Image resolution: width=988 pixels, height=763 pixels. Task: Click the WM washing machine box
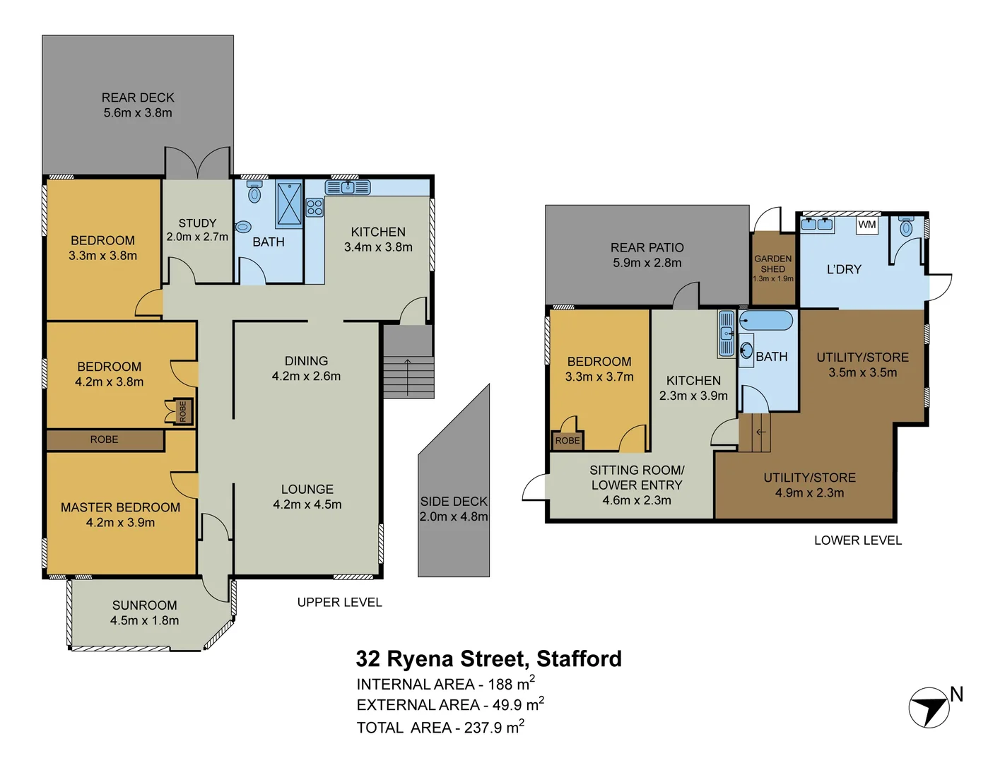[x=866, y=225]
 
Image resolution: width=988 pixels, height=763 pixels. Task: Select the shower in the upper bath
[x=289, y=204]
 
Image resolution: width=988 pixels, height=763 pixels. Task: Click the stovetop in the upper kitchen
[x=314, y=207]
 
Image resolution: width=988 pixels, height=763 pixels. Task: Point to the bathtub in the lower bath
[x=766, y=321]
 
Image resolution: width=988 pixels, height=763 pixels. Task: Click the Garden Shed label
[x=773, y=264]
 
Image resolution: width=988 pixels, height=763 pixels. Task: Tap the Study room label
[x=197, y=223]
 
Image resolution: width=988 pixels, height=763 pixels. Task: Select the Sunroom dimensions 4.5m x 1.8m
[x=145, y=620]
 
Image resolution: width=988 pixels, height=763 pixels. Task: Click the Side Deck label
[x=454, y=501]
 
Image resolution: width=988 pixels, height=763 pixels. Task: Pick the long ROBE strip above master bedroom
[x=105, y=439]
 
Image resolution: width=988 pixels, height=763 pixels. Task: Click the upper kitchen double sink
[x=348, y=187]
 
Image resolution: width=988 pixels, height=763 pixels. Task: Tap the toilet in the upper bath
[x=254, y=191]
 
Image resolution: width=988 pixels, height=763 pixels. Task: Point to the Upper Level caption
[x=340, y=602]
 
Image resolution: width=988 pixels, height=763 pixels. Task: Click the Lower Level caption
[x=858, y=540]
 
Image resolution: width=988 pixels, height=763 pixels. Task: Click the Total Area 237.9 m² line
[x=440, y=727]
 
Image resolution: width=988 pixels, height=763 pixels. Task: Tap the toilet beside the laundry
[x=906, y=226]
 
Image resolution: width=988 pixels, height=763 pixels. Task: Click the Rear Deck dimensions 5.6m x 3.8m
[x=138, y=113]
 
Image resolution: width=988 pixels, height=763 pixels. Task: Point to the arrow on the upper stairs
[x=408, y=377]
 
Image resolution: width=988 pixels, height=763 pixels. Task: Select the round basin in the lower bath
[x=746, y=350]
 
